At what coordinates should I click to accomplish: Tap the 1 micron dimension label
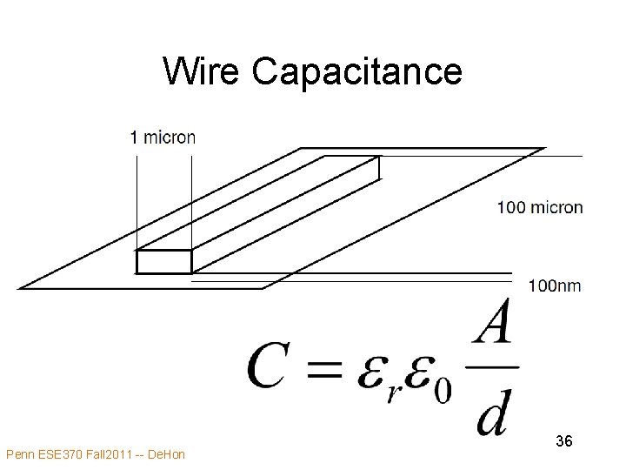click(163, 137)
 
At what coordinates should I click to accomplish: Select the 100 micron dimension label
click(540, 207)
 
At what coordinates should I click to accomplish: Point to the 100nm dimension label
click(554, 285)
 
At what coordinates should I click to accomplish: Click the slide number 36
click(563, 442)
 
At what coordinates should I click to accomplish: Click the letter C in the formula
click(270, 365)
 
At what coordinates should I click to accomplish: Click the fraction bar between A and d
click(494, 366)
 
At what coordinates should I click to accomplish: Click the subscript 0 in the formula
click(443, 387)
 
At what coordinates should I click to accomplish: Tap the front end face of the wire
click(163, 261)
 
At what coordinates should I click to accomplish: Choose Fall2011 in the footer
click(111, 453)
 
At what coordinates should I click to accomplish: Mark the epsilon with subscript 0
click(419, 367)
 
